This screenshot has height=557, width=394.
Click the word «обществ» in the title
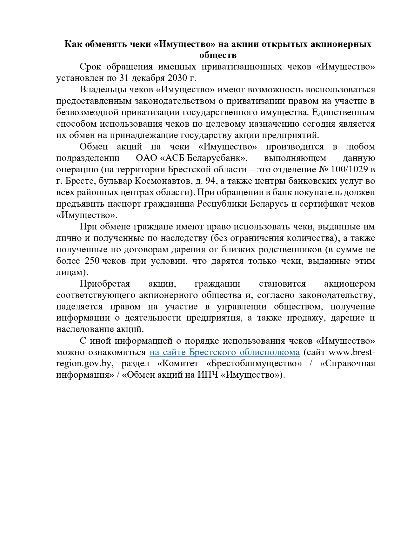tap(218, 55)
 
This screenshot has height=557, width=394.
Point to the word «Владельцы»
tap(101, 90)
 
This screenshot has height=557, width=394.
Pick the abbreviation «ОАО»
tap(146, 158)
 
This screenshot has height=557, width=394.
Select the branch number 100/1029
tap(349, 169)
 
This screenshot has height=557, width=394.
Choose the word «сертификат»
tap(323, 204)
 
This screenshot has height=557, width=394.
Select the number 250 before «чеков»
tap(92, 261)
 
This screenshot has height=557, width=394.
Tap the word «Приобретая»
tap(105, 284)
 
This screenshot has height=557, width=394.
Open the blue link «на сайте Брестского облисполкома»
tap(224, 352)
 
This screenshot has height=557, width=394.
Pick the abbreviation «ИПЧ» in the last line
tap(207, 375)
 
